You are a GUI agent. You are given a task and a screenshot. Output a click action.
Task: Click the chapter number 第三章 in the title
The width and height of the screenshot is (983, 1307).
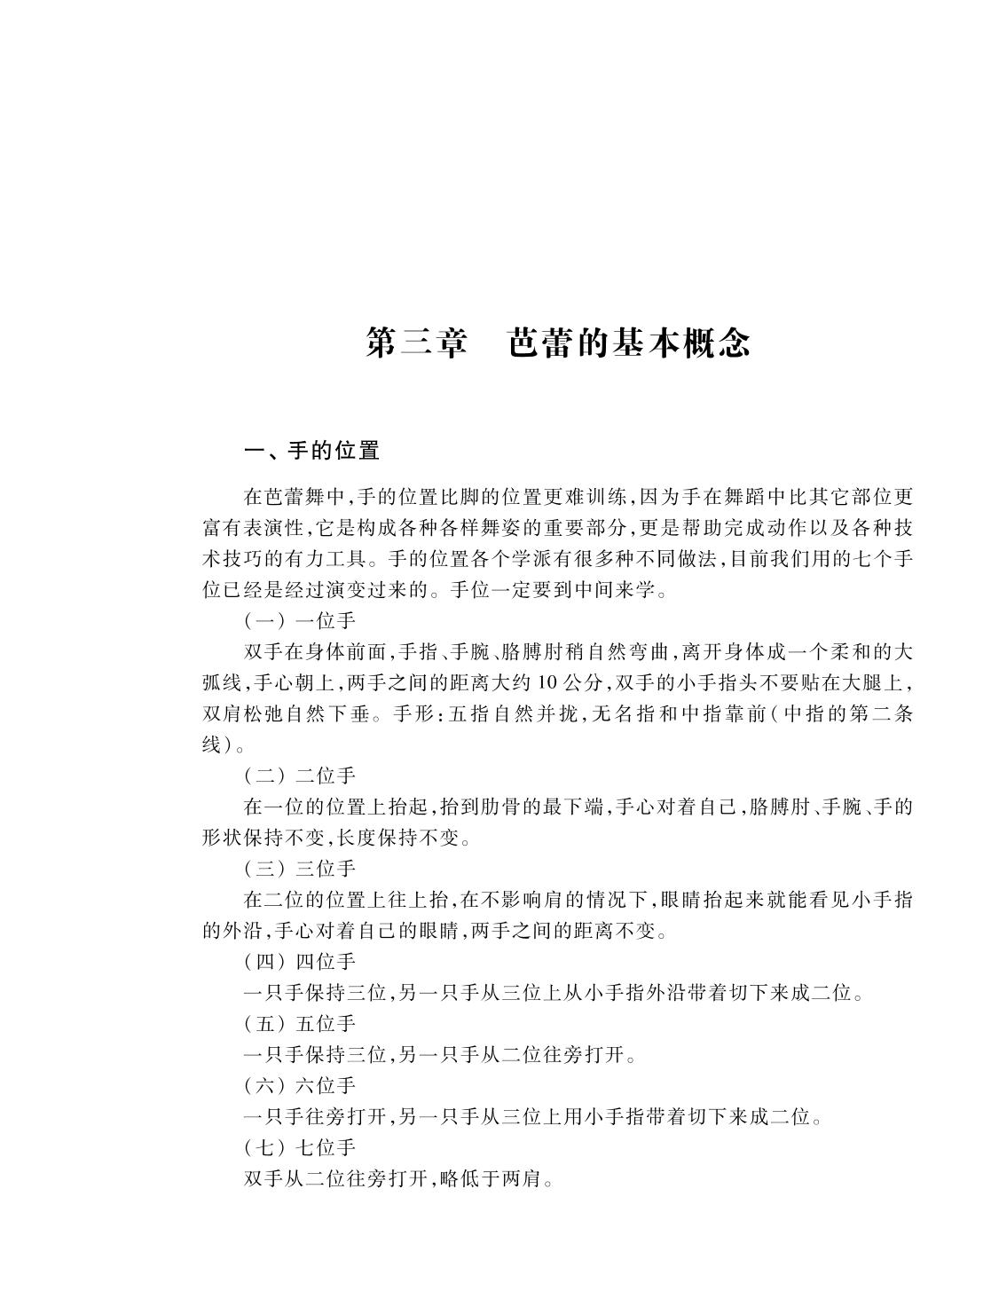click(416, 343)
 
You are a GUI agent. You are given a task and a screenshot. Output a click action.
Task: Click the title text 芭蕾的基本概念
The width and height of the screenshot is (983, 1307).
click(629, 343)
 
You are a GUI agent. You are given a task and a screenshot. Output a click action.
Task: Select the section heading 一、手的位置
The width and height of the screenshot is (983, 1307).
click(311, 451)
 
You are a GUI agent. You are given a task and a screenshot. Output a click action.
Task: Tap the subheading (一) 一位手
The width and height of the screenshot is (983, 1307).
click(299, 621)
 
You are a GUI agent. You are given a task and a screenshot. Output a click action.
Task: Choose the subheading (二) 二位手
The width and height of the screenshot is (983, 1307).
click(299, 776)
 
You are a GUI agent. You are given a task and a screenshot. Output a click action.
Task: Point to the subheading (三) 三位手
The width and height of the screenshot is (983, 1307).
click(299, 869)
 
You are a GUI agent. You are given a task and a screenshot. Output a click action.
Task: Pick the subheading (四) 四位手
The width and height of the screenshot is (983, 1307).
click(299, 961)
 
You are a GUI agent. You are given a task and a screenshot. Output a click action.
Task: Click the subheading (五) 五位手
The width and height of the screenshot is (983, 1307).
click(299, 1023)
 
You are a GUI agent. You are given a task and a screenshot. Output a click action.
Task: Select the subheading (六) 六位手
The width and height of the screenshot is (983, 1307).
click(299, 1085)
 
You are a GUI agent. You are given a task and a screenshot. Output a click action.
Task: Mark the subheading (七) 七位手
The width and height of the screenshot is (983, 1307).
click(299, 1147)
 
